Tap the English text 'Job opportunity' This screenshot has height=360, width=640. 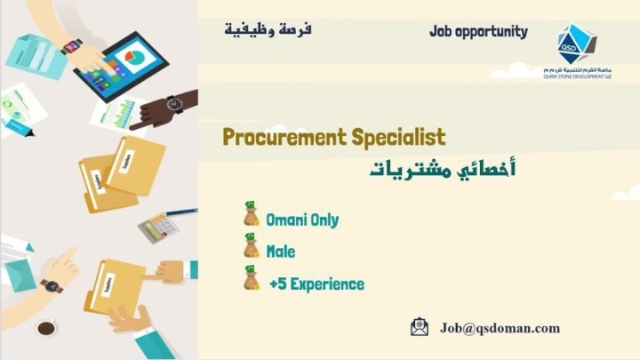coord(478,32)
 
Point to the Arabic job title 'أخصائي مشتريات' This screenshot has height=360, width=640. coord(443,169)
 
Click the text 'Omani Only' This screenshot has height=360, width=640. coord(302,220)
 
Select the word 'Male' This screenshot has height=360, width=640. coord(281,252)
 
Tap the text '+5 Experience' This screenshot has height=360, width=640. coord(316,284)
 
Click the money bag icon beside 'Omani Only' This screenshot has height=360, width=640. coord(251,217)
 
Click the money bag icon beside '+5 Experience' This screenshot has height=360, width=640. coord(251,281)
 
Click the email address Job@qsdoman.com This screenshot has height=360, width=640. coord(500,328)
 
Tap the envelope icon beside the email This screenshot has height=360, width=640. coord(420,327)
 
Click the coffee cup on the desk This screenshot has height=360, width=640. coord(45,328)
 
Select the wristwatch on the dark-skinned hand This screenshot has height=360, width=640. coord(175,104)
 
